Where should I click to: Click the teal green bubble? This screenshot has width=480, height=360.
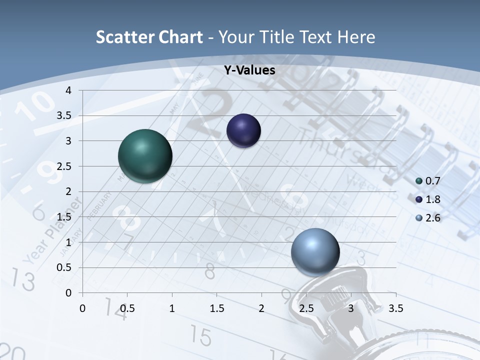(x=145, y=156)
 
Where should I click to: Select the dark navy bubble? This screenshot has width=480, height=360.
(x=243, y=131)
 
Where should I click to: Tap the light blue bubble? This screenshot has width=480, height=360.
(x=315, y=251)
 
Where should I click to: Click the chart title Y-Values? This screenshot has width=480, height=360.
(x=249, y=70)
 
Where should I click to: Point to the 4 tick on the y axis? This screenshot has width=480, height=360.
(x=68, y=90)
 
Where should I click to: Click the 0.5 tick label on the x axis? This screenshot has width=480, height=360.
(x=127, y=308)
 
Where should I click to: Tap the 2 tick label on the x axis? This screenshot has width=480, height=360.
(x=261, y=308)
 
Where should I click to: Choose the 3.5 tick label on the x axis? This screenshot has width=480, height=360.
(x=395, y=308)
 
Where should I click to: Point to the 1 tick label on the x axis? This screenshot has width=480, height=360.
(x=172, y=308)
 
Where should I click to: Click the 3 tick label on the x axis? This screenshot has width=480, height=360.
(x=351, y=308)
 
